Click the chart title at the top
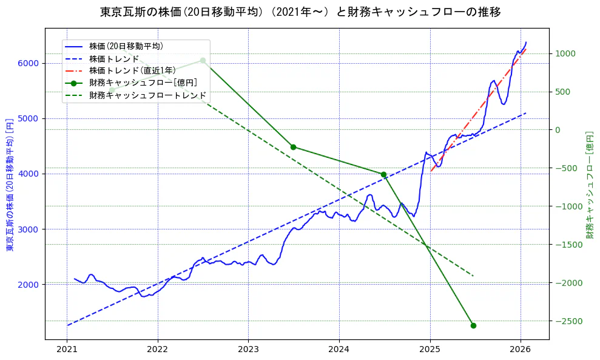pos(300,12)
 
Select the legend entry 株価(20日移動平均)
pos(126,46)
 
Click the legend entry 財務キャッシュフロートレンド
pos(147,95)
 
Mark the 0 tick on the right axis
pos(558,130)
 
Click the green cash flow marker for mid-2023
pos(293,147)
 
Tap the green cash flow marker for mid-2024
pos(383,174)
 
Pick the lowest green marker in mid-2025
pos(473,325)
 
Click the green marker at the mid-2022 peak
pos(203,60)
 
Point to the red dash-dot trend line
pos(479,106)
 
